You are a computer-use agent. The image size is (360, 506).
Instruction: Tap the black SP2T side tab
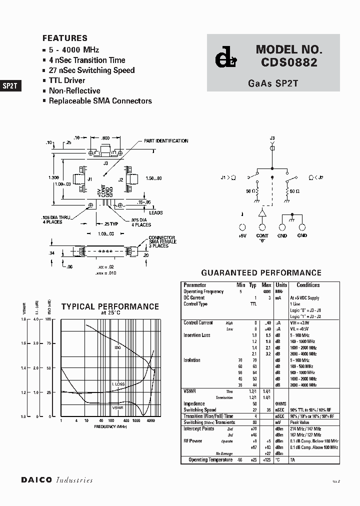click(x=10, y=85)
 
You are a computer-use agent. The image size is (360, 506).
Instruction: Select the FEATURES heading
click(x=65, y=38)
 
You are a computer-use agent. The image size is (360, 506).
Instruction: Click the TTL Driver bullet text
click(x=67, y=80)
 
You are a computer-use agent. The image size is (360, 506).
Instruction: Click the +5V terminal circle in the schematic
click(x=242, y=227)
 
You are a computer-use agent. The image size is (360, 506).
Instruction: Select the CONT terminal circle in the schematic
click(x=262, y=227)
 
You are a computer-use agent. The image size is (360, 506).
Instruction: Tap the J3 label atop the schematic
click(x=272, y=137)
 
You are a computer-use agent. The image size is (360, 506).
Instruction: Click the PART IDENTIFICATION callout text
click(x=166, y=141)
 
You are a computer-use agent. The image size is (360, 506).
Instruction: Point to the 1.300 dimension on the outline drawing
click(x=54, y=178)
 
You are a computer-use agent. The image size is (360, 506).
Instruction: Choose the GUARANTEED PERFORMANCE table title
click(x=261, y=273)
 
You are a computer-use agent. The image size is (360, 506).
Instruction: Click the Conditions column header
click(x=308, y=285)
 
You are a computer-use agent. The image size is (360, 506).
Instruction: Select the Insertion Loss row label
click(x=197, y=335)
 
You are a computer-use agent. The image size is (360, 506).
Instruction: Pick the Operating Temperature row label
click(x=210, y=459)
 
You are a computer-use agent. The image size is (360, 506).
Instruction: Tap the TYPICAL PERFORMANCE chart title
click(x=110, y=307)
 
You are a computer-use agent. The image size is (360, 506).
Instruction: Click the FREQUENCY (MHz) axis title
click(x=111, y=426)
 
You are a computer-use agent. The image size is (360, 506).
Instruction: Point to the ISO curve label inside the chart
click(x=118, y=347)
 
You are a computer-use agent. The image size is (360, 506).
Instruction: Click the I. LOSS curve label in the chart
click(x=118, y=384)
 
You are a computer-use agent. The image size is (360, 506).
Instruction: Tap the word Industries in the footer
click(x=74, y=480)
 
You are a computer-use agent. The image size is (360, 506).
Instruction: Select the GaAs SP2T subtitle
click(x=273, y=83)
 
